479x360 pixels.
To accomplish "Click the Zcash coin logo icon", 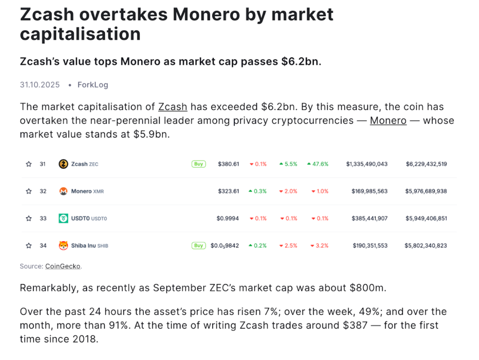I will (x=63, y=164).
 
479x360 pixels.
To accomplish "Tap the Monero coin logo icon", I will (x=63, y=191).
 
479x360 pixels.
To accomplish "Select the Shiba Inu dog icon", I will (x=63, y=245).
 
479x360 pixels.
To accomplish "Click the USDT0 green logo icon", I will (x=63, y=218).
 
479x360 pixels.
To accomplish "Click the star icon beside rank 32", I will (x=29, y=191).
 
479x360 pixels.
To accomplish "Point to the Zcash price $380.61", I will (x=228, y=164).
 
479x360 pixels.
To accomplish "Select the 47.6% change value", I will (x=320, y=164).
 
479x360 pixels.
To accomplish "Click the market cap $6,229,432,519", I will (x=426, y=164).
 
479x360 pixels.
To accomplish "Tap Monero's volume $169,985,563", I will (x=369, y=191).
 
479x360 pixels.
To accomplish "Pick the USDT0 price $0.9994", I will (x=227, y=218).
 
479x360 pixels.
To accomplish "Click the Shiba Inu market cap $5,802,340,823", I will (x=425, y=246).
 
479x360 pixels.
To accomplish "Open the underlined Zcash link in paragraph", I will (x=173, y=107).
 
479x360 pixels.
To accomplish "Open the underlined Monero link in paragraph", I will (x=388, y=121).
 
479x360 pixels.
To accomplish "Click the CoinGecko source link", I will (x=63, y=266).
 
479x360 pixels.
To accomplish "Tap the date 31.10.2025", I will (x=40, y=85).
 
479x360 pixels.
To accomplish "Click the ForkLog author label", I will (x=93, y=85).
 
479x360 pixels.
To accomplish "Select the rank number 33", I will (x=43, y=218).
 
